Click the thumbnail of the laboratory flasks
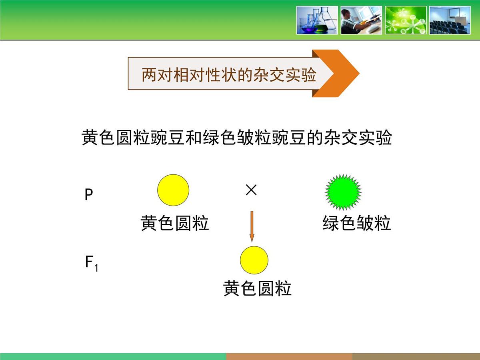(317, 20)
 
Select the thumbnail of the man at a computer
(361, 20)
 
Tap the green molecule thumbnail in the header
(406, 20)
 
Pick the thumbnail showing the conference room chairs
(450, 20)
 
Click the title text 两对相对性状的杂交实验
(229, 74)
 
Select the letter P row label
(89, 195)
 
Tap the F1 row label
(91, 263)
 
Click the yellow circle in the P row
(173, 190)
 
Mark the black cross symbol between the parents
(251, 190)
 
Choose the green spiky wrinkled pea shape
(343, 192)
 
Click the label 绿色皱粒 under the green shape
(356, 223)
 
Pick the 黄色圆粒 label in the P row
(175, 223)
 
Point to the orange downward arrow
(252, 226)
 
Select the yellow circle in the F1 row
(254, 260)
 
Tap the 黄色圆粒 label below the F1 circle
(257, 288)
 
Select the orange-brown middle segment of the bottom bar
(289, 356)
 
